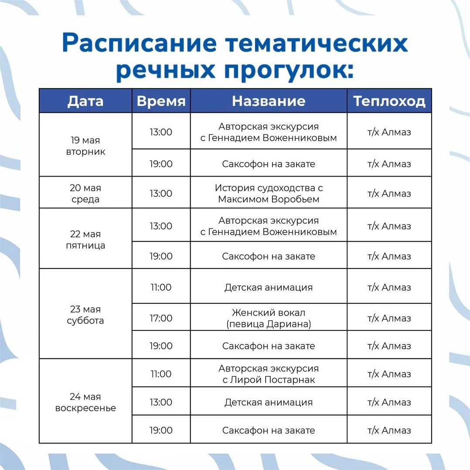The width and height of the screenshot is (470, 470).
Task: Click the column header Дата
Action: pos(85,101)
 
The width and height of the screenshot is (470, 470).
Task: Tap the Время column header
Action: pos(161,101)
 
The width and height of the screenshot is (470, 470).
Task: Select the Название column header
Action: pos(269,101)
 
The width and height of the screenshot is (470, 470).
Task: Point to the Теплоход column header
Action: pos(389,101)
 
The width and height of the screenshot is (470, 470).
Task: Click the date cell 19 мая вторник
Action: pos(85,146)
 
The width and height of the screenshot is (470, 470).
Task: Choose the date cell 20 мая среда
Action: pos(85,193)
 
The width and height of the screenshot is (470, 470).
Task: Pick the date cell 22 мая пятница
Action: pos(85,239)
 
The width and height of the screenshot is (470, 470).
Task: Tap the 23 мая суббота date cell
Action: pos(85,315)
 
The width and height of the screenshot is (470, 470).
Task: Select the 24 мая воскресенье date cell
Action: pos(85,402)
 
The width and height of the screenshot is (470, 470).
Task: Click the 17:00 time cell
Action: pos(161,318)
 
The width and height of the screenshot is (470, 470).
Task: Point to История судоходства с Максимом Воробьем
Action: pos(269,193)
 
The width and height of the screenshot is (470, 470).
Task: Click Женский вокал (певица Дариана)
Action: pos(269,318)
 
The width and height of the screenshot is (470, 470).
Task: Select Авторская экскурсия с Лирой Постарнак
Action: pos(269,374)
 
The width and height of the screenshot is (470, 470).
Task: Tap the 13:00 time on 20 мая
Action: pos(161,193)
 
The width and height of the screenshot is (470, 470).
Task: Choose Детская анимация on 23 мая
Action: pos(269,287)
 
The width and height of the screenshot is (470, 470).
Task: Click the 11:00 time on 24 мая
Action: pos(161,374)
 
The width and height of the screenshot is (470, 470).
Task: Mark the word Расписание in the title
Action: pos(140,43)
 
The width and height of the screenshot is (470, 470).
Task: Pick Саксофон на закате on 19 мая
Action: pos(269,164)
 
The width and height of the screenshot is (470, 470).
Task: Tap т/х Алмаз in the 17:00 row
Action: pos(389,318)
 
